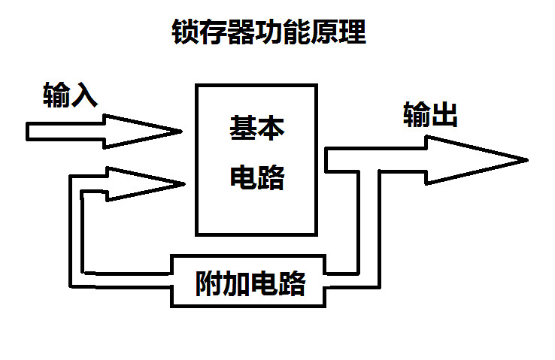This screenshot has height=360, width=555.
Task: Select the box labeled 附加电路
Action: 250,282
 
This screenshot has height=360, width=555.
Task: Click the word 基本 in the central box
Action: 256,129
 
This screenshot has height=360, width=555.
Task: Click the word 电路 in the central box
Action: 256,177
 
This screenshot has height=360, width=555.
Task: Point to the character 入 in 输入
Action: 84,96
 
